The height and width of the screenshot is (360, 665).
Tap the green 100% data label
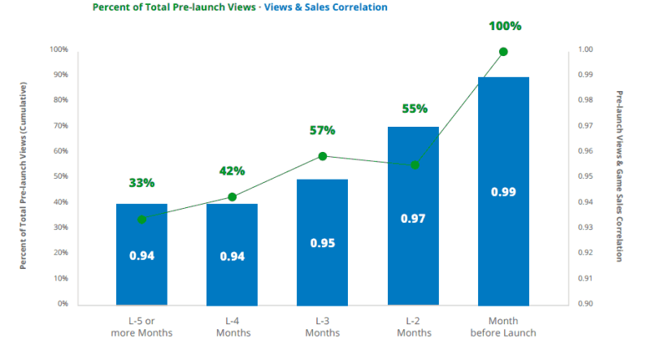504,26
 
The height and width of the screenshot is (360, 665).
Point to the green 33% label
141,183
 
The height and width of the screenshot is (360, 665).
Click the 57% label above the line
322,130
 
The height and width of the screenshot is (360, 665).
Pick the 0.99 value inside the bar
503,192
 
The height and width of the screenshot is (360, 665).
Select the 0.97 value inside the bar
413,219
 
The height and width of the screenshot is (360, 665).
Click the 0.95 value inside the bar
322,242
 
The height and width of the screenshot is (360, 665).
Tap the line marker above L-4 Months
232,197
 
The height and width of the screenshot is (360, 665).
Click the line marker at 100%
503,51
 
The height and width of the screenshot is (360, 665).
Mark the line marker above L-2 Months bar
415,165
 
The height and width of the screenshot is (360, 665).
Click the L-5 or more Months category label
141,327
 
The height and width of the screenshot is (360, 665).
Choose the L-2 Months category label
412,327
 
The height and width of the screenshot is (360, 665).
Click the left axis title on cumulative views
24,176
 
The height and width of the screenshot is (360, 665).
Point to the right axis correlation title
619,176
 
